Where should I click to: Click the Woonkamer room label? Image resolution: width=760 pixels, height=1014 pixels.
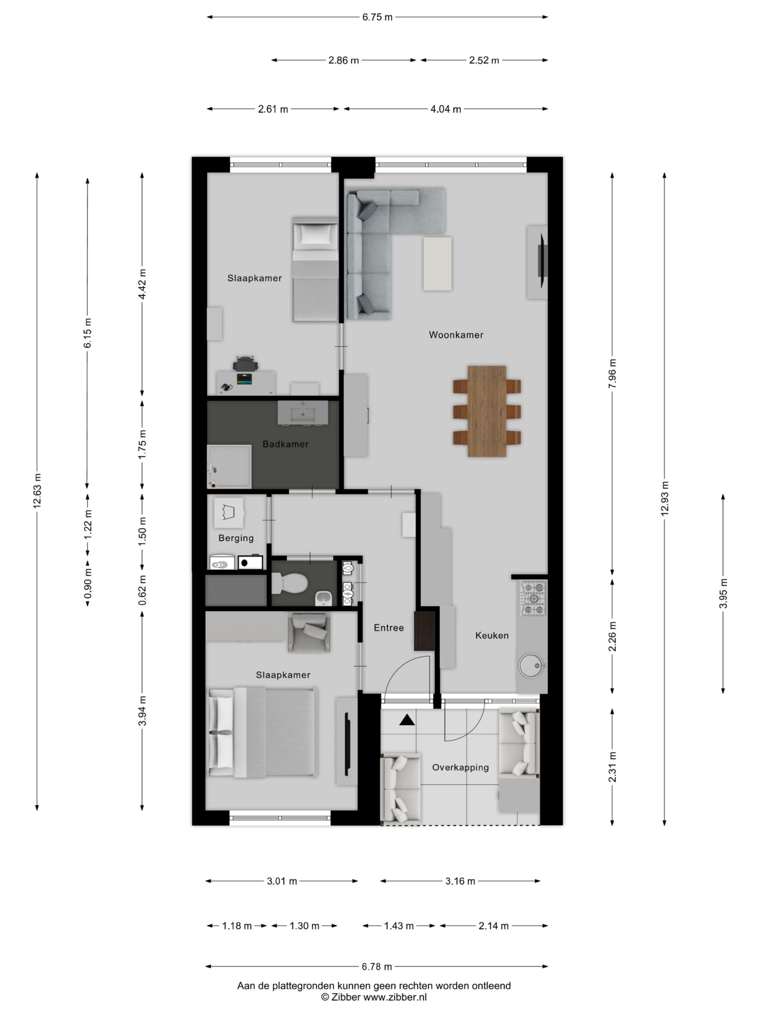tap(456, 335)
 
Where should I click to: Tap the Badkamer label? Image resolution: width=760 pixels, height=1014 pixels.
tap(285, 444)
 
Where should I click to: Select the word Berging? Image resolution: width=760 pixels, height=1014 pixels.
tap(236, 538)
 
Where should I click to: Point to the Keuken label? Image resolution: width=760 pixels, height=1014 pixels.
tap(492, 635)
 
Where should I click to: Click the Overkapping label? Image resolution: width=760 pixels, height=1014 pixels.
tap(460, 767)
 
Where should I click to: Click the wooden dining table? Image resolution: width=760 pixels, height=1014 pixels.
tap(486, 411)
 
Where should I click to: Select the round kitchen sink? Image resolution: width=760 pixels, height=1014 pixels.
tap(531, 665)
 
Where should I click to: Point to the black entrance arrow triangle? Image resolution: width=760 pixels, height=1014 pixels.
tap(407, 720)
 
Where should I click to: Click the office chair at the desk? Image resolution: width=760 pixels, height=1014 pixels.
tap(245, 364)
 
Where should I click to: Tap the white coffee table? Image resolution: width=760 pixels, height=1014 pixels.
tap(437, 263)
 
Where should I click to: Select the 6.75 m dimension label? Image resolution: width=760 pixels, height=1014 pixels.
tap(377, 17)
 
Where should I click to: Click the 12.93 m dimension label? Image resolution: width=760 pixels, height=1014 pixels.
tap(665, 498)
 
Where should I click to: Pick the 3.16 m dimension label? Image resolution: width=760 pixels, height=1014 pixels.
tap(460, 881)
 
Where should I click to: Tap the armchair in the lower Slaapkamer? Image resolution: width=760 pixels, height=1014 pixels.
tap(309, 632)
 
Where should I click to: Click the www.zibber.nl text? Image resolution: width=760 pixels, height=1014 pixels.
tap(395, 997)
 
